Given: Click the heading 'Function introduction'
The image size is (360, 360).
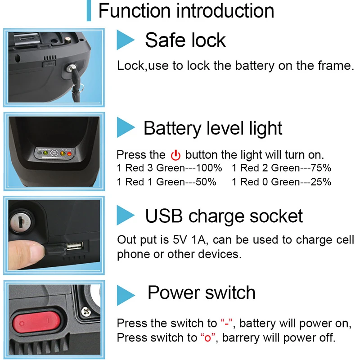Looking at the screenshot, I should coord(186,11).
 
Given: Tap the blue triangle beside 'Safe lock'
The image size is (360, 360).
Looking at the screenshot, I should coord(126,40).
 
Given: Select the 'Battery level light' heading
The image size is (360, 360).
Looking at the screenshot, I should coord(213,128).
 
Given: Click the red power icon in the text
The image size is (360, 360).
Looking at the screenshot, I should coord(175,156).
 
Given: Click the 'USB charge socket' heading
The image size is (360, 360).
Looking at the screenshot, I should coord(224,216).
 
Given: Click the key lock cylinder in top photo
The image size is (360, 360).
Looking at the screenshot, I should coord(72,68).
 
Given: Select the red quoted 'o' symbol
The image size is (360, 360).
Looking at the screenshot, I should coord(207,337).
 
